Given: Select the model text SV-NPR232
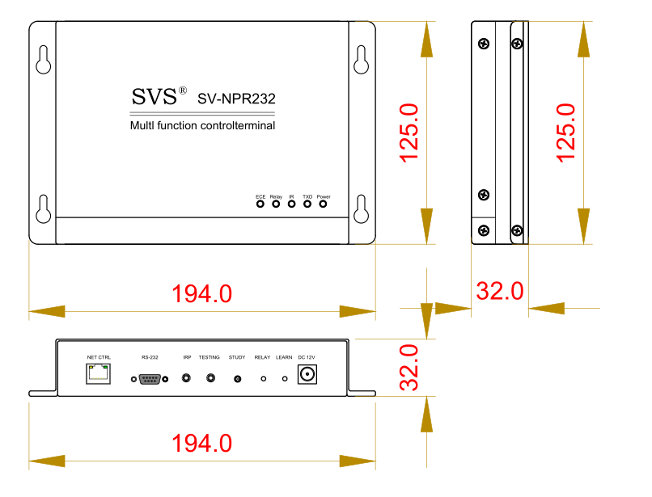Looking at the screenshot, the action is (236, 99).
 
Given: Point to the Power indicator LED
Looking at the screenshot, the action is (323, 204).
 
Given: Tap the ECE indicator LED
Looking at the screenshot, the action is (260, 204).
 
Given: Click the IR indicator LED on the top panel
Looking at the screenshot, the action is (291, 204).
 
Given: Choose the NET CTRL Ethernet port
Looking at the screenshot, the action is (98, 373).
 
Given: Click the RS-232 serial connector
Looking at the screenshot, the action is (150, 379).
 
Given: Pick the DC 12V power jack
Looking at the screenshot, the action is (307, 374).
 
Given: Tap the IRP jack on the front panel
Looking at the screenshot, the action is (186, 378).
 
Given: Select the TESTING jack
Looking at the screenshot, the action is (211, 378).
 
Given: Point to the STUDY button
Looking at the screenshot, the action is (238, 379).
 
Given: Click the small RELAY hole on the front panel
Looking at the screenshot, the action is (263, 379).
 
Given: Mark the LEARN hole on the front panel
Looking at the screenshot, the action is (285, 379).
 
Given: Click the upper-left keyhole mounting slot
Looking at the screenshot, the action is (43, 60).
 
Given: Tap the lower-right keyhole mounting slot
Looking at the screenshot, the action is (361, 209).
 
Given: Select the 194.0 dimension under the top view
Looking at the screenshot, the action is (202, 294).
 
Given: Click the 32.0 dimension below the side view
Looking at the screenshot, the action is (500, 291).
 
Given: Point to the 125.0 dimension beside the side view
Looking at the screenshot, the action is (566, 133).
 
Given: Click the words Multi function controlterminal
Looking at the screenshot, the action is (202, 125).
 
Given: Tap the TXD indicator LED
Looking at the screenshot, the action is (307, 204).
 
